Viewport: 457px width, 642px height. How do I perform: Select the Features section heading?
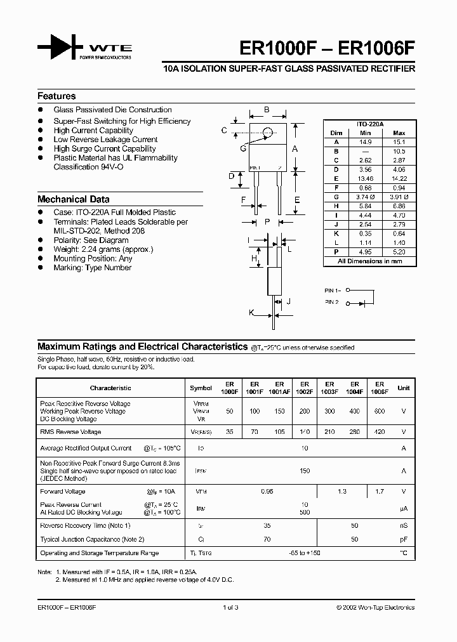56,96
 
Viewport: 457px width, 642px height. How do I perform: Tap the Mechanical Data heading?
73,199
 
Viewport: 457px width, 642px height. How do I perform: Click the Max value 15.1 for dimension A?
399,142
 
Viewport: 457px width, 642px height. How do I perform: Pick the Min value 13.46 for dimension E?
365,179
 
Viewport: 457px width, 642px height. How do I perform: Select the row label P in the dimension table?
336,252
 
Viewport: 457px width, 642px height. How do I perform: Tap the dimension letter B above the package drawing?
267,110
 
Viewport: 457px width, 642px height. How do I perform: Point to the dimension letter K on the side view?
251,312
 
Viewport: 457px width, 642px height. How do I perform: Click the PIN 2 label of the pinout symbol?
332,303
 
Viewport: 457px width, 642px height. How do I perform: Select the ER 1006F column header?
379,388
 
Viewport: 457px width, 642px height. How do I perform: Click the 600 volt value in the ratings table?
379,411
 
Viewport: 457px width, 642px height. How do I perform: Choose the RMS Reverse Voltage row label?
70,432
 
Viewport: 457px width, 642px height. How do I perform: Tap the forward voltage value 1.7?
379,491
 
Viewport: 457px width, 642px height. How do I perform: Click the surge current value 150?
305,471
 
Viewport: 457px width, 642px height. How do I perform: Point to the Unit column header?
403,388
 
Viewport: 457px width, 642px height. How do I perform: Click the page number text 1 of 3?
230,607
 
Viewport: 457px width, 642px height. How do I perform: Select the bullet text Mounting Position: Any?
93,259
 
